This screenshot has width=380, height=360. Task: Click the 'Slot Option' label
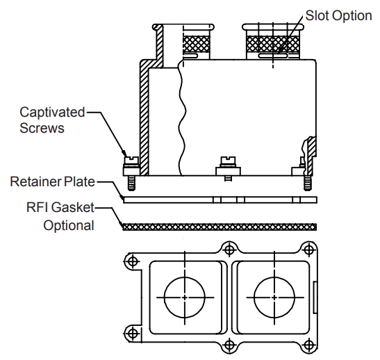point(338,16)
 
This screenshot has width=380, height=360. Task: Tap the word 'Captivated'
point(52,113)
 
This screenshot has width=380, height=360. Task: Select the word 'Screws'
point(42,128)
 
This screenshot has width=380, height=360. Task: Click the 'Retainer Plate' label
point(52,181)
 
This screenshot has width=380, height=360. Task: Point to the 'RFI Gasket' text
point(60,207)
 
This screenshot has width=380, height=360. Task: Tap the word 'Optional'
point(69,225)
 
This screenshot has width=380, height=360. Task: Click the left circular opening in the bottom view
point(185,297)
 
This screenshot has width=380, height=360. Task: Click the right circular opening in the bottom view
point(274,297)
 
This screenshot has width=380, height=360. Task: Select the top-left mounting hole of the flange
point(132,261)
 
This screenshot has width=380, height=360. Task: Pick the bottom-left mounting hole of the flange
point(132,334)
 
